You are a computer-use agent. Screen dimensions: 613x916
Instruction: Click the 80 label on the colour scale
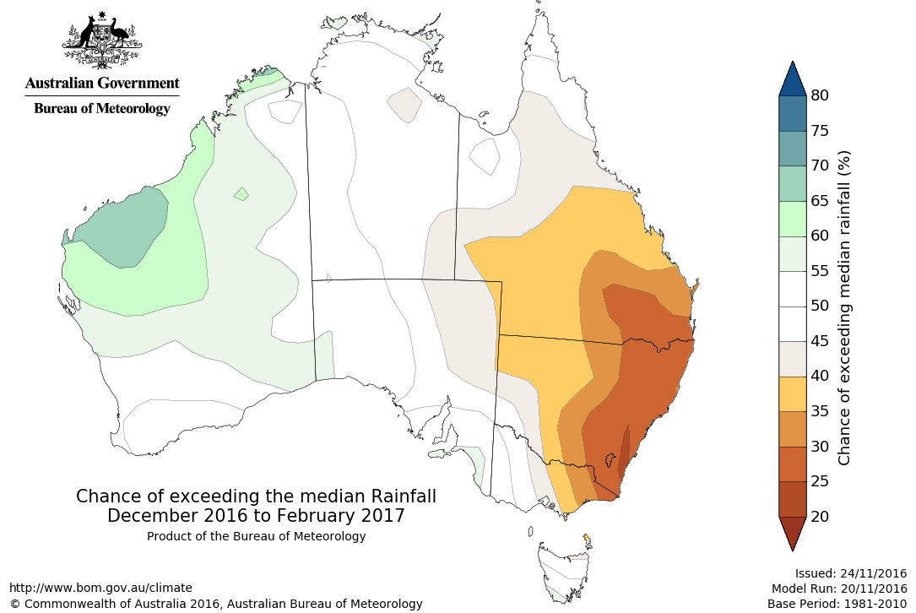coord(820,95)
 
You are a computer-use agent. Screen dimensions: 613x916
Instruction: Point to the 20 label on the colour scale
coord(820,516)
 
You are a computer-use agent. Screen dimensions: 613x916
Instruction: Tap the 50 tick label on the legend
coord(820,306)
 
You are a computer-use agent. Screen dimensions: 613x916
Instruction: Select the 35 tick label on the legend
coord(820,411)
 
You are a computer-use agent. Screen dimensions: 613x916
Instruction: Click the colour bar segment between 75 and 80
coord(794,113)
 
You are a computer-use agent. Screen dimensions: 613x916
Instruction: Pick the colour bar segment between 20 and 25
coord(794,498)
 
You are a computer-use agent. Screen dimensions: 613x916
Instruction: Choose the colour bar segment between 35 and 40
coord(794,393)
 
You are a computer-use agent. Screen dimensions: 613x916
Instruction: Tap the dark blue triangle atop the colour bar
coord(794,79)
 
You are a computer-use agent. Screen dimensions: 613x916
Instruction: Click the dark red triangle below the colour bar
coord(794,532)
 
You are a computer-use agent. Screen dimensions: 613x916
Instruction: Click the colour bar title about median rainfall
coord(844,307)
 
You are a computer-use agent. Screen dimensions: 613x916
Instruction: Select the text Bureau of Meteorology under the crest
coord(102,108)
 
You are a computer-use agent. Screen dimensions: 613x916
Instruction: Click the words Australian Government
coord(102,83)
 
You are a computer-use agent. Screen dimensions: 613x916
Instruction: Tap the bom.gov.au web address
coord(100,588)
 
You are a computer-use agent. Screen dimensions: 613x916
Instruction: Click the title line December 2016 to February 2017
coord(256,515)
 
